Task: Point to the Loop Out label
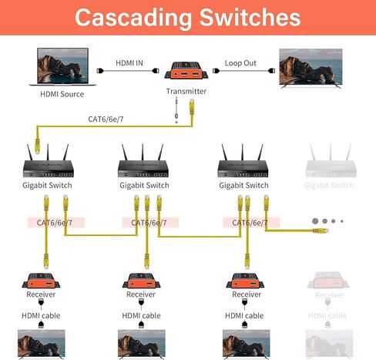click(240, 62)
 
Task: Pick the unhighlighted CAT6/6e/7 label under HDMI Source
click(111, 119)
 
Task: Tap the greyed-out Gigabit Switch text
click(329, 185)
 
